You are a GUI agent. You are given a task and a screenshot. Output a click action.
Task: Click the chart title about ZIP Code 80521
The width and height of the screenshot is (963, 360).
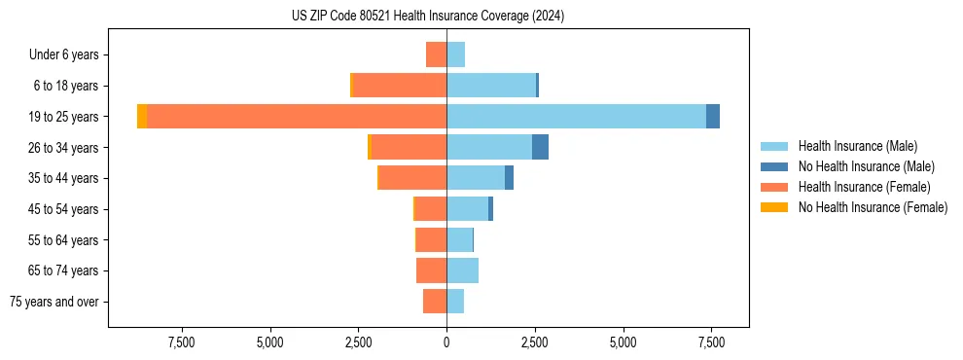427,17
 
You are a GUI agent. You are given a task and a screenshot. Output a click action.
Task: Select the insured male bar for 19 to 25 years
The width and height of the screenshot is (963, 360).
576,116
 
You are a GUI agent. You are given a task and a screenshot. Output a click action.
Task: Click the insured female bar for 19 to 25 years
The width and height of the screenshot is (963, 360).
297,116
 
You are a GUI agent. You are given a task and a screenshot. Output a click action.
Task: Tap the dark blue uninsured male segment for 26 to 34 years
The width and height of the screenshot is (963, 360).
540,147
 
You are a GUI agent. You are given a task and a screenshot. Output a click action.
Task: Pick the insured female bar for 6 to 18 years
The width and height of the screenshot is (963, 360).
400,85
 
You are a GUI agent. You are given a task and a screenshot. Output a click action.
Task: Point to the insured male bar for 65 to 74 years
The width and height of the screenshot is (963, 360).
462,270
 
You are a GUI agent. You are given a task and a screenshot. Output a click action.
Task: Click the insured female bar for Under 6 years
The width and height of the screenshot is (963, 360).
436,54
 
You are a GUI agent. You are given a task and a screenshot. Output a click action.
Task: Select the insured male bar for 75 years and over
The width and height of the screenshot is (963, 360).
455,302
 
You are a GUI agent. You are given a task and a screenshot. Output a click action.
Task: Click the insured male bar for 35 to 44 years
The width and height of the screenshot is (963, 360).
476,178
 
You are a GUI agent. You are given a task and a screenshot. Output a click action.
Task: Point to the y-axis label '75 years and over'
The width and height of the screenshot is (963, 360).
54,302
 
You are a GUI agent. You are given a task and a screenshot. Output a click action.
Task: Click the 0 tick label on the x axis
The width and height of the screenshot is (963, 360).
446,342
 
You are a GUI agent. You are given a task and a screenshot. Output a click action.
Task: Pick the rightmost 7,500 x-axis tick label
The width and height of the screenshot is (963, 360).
710,342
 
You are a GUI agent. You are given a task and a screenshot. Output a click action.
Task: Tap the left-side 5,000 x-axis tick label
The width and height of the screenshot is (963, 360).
269,342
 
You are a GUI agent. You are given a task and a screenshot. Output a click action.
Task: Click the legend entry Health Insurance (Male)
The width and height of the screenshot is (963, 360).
857,146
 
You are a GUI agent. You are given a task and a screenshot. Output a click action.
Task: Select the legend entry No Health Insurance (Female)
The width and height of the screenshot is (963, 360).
873,207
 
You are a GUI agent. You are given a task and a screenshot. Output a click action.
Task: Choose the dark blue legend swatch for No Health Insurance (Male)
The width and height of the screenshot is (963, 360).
774,166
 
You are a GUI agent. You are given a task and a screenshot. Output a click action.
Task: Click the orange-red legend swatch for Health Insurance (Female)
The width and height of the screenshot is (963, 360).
774,187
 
